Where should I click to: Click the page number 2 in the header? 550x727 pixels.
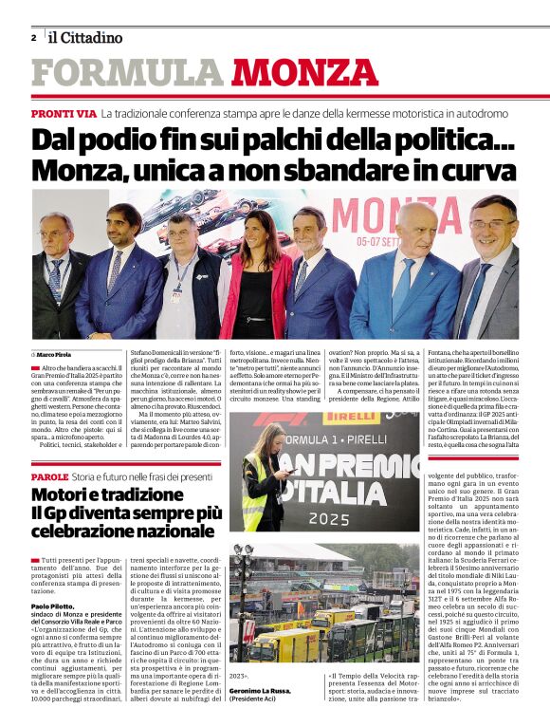pos(34,38)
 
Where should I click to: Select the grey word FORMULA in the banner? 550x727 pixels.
pos(126,73)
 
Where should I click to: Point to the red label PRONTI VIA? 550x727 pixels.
pos(64,113)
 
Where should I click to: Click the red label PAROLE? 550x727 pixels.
pos(49,476)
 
